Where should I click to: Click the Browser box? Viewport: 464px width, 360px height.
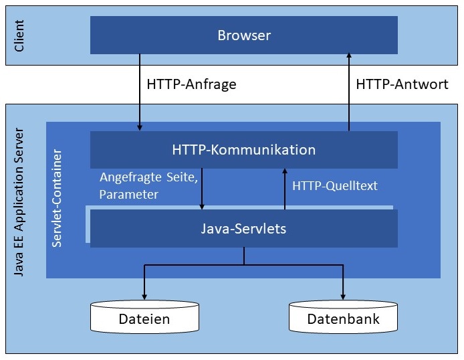click(244, 35)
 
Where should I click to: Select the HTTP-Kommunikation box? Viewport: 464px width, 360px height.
click(244, 149)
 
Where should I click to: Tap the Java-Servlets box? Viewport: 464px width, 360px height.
click(244, 228)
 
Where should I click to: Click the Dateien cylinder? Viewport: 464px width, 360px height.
click(144, 319)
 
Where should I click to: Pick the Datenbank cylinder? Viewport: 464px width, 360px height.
click(344, 319)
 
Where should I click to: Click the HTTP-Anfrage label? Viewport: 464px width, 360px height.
click(191, 85)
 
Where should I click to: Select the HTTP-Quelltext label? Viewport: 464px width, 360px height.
click(335, 185)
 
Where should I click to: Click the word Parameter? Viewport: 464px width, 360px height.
click(128, 195)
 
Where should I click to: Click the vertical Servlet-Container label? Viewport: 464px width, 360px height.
click(57, 199)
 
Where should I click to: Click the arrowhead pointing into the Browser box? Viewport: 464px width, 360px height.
click(348, 58)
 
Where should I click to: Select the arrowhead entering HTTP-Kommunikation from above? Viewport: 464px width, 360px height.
click(140, 127)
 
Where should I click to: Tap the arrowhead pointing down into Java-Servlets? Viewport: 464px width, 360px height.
click(202, 205)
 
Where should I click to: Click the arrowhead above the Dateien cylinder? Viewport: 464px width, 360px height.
click(144, 296)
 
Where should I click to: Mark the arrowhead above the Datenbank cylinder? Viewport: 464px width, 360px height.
click(344, 296)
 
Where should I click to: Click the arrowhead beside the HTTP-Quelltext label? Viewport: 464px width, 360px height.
click(285, 173)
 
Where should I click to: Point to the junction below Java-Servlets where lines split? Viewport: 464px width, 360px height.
click(244, 264)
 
